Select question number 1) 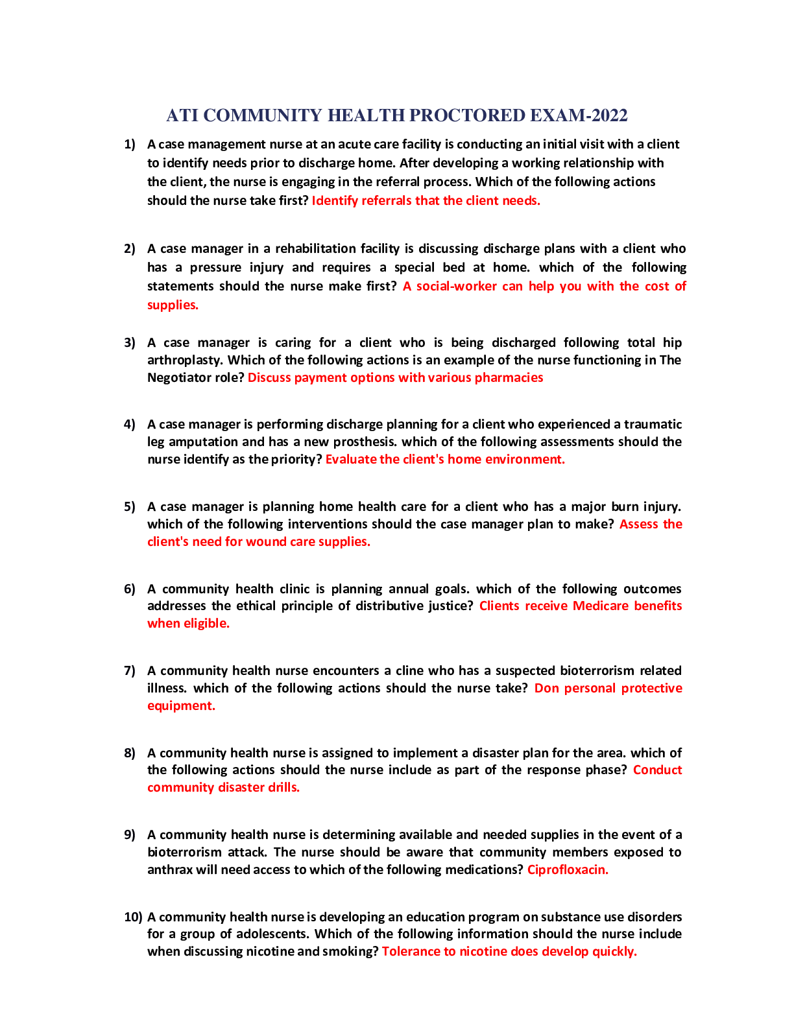130,145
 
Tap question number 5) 130,507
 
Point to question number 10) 133,917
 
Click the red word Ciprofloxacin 568,870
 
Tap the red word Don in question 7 546,689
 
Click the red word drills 282,788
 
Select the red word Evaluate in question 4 351,460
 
